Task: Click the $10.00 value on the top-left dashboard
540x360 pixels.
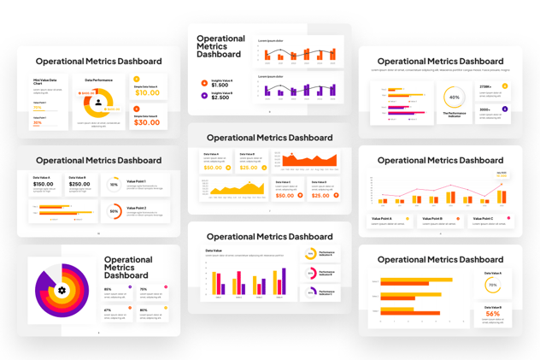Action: point(147,92)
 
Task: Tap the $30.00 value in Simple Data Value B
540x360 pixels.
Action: point(147,122)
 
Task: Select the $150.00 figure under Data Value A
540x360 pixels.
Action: point(43,184)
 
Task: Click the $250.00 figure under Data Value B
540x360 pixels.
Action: point(79,184)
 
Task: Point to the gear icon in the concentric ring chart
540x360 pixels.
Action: point(62,291)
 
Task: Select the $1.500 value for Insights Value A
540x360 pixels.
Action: point(220,85)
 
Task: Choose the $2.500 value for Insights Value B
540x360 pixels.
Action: point(220,97)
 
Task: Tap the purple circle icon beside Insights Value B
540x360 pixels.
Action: point(204,96)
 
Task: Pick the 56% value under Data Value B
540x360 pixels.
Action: point(493,314)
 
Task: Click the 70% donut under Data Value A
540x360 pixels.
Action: point(492,285)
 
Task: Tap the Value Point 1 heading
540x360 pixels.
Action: point(137,181)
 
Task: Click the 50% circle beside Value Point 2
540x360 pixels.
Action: point(114,211)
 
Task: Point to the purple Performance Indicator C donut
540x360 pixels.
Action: point(311,292)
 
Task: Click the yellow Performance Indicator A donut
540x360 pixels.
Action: point(311,253)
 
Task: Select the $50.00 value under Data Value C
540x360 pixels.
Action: point(285,196)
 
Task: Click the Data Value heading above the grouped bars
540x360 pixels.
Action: point(214,251)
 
